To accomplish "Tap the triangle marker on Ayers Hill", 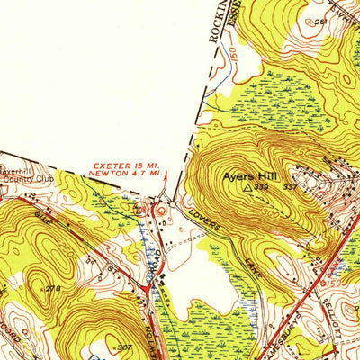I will click(x=248, y=189).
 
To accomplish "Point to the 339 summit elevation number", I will click(x=261, y=189).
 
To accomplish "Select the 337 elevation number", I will click(x=289, y=187).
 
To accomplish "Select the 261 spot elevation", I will click(x=320, y=21).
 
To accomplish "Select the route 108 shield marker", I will click(x=140, y=210).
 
